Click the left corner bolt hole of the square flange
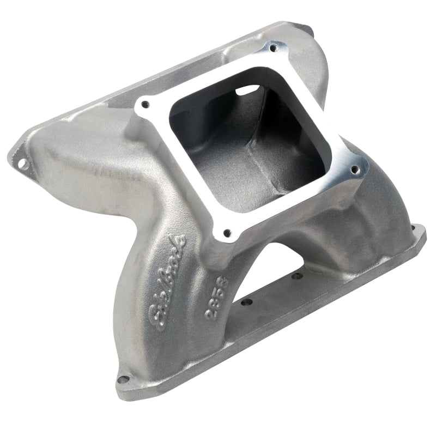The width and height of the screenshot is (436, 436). click(146, 104)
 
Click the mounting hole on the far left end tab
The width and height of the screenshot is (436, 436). click(21, 162)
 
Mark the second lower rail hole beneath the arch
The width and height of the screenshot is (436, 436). click(296, 276)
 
